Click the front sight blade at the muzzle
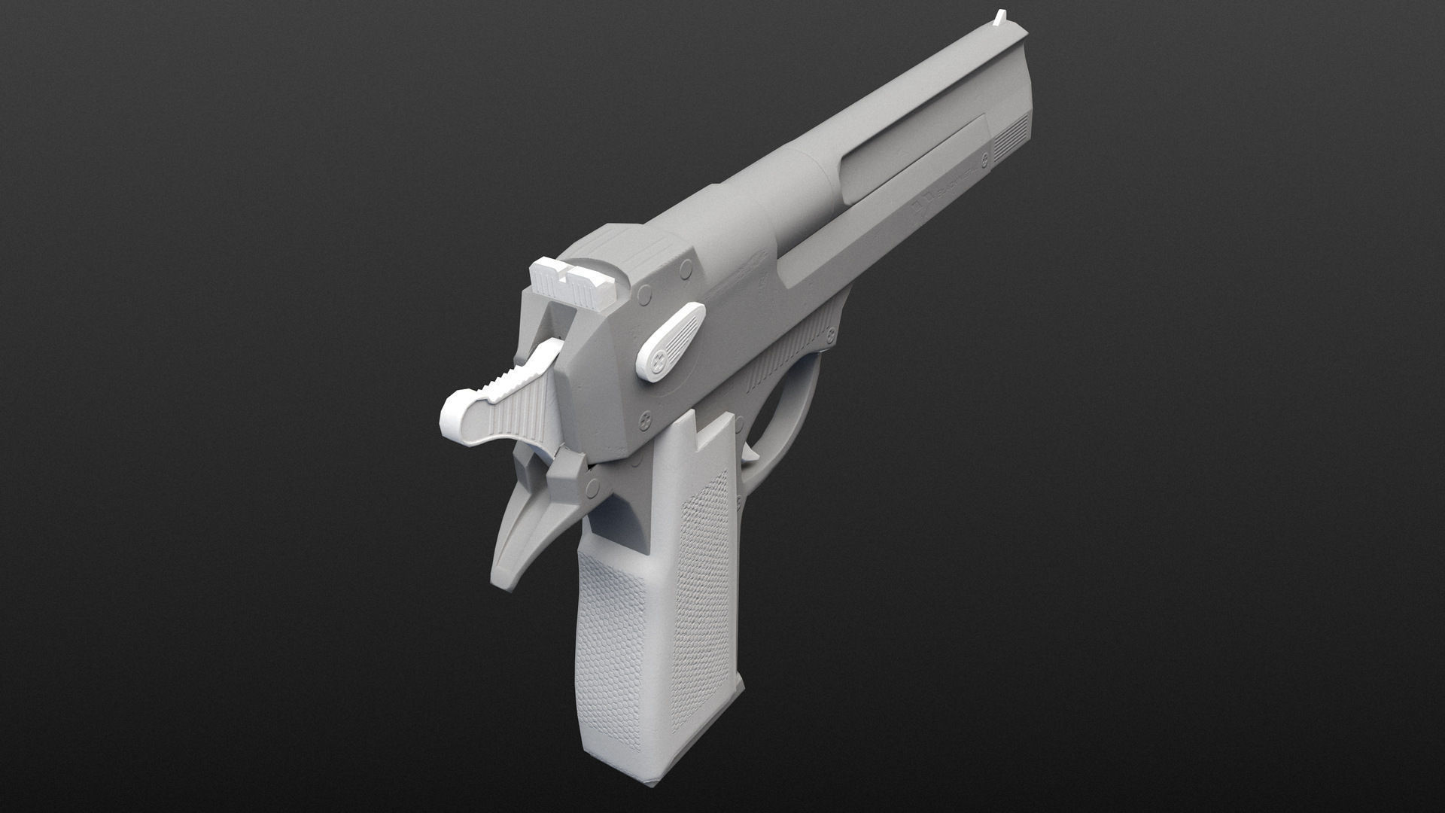point(1001,17)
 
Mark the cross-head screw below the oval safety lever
point(646,416)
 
